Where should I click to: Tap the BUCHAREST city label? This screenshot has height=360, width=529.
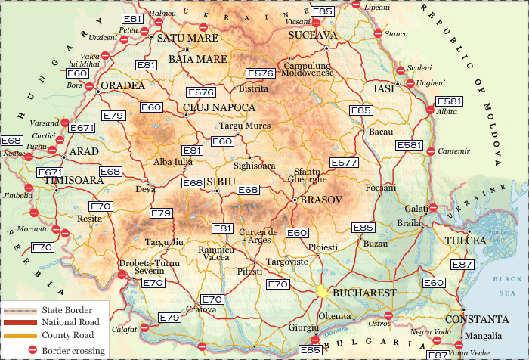click(x=364, y=293)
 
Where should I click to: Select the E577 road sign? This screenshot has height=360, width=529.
click(x=344, y=163)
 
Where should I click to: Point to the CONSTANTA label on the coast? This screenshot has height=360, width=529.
click(x=477, y=319)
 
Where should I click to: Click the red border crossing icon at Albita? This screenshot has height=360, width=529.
click(x=430, y=110)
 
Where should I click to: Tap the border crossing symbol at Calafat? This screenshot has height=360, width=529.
click(x=144, y=329)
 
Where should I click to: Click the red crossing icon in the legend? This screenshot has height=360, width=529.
click(x=32, y=350)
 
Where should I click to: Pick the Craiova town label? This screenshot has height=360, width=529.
click(x=202, y=309)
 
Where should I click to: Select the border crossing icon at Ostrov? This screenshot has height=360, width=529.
click(x=388, y=315)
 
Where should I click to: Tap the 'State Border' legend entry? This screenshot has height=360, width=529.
click(x=67, y=310)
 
